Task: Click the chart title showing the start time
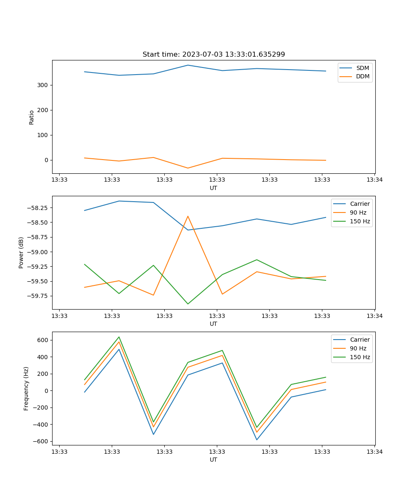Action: (214, 55)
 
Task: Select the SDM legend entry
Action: (362, 68)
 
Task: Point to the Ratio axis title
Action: (32, 117)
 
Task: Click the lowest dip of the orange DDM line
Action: (188, 168)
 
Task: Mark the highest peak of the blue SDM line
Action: (188, 65)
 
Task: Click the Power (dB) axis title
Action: (21, 252)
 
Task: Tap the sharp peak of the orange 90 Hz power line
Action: (188, 216)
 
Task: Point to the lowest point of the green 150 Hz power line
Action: (188, 304)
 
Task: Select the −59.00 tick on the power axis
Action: (39, 252)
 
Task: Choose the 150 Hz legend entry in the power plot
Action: (360, 221)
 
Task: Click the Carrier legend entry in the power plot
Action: (359, 204)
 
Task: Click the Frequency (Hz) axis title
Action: (26, 388)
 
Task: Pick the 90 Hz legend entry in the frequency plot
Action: (358, 348)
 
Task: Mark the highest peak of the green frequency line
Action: (119, 337)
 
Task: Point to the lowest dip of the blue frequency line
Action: (256, 440)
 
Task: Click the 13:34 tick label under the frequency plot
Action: (374, 452)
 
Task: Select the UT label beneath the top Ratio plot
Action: (214, 188)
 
